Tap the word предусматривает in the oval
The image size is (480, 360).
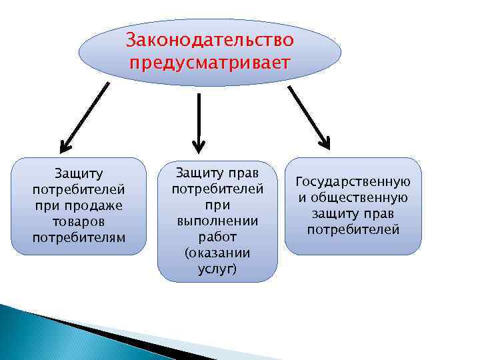(210, 63)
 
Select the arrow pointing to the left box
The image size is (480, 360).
(85, 115)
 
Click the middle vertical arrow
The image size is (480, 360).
(198, 120)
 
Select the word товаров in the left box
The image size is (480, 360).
(79, 221)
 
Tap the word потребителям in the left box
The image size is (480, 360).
(79, 237)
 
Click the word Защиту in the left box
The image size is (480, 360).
(79, 175)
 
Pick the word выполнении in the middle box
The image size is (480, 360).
(217, 221)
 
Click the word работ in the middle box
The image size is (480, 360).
(217, 237)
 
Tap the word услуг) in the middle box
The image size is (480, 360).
(217, 269)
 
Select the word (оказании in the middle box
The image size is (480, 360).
(217, 253)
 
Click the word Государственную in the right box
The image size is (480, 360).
(353, 182)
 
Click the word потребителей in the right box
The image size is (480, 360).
(353, 230)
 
